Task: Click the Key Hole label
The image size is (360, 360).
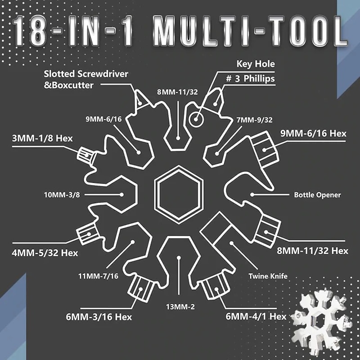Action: point(256,64)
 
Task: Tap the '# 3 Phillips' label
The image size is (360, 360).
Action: point(250,78)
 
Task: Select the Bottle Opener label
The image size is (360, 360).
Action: point(317,195)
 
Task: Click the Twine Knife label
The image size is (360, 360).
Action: point(268,276)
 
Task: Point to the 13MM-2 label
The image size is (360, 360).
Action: point(180,307)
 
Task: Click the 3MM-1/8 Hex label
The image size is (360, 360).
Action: point(42,139)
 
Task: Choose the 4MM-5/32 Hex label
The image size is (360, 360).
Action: point(45,253)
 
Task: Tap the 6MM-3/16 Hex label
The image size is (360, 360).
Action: point(99,317)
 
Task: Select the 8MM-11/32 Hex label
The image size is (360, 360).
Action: point(312,251)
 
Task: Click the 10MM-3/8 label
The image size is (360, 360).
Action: point(62,195)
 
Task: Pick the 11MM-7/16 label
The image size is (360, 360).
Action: point(98,276)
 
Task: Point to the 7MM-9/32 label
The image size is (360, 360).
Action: point(254,120)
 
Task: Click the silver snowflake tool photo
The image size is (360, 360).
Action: point(321,321)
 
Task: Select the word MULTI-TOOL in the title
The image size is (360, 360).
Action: point(250,31)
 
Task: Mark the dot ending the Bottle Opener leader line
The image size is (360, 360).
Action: point(252,195)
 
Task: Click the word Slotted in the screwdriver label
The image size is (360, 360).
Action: point(59,74)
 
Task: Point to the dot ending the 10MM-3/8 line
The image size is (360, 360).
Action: point(121,195)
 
